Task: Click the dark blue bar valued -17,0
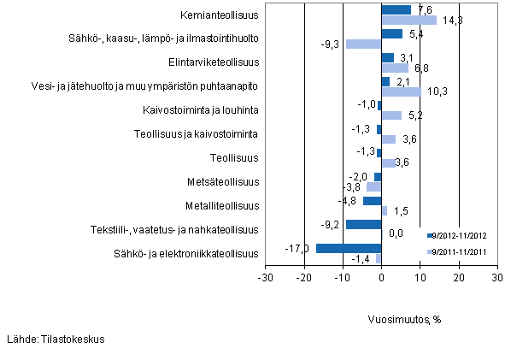349,249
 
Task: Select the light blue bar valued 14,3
408,20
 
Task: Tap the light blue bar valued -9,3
363,44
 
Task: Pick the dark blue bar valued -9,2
363,225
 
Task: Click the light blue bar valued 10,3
401,91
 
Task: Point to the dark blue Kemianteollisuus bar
396,10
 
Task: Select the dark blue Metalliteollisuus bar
372,201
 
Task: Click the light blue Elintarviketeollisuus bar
394,68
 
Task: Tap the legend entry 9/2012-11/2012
461,234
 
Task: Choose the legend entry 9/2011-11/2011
461,251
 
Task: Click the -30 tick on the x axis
266,278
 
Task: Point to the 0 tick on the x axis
381,278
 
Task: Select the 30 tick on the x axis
496,278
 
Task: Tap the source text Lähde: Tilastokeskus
56,339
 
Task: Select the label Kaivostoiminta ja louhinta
201,110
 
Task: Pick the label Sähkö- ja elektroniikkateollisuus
185,254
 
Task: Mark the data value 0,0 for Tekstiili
396,233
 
